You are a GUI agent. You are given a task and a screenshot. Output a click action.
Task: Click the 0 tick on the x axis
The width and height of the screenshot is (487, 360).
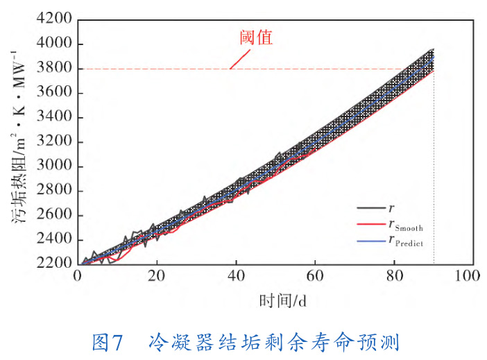coord(78,276)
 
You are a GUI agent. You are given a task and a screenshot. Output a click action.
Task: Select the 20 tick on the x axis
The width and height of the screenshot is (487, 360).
coord(157,276)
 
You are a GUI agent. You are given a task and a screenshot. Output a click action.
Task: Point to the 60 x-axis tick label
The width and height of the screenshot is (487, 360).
coord(315,276)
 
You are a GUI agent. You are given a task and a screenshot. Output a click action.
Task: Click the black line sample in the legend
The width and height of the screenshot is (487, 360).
coord(368,207)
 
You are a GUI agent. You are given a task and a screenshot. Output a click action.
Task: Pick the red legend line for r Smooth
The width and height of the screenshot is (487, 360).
coord(368,225)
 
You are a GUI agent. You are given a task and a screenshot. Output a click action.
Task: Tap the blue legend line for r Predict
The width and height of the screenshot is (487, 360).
coord(368,242)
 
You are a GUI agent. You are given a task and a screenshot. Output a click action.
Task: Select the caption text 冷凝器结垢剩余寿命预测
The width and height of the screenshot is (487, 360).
coord(274,343)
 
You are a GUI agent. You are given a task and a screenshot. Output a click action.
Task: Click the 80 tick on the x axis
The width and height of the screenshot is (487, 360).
coord(394,276)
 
